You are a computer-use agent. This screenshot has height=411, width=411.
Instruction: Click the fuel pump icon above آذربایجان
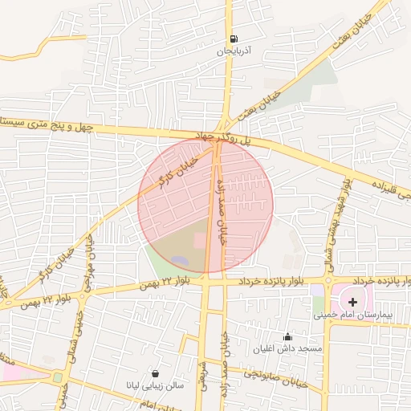[233, 39]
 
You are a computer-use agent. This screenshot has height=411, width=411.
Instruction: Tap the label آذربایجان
[234, 51]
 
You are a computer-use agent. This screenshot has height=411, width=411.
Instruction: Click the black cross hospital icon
[353, 301]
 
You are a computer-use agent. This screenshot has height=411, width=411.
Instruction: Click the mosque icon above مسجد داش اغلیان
[287, 336]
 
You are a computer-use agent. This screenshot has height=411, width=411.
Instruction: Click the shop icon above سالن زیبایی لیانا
[155, 373]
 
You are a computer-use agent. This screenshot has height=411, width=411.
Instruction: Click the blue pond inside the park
[180, 261]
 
